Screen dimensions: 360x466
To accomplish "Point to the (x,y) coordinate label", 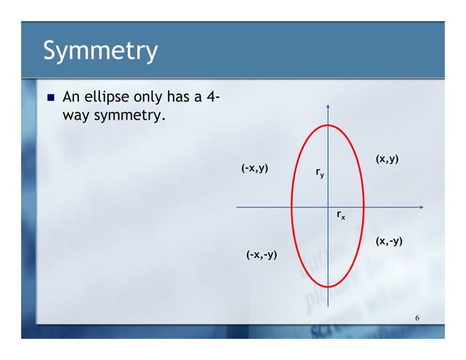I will (x=386, y=158).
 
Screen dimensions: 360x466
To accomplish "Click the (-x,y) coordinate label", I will (x=253, y=169).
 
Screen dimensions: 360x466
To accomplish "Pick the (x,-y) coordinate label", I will (x=389, y=241).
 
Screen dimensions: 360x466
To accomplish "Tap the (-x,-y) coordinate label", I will (x=261, y=254).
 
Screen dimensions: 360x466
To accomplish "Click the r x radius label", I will (x=340, y=215).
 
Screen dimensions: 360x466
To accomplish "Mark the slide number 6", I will (x=416, y=318).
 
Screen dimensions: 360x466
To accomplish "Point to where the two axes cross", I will (x=328, y=207).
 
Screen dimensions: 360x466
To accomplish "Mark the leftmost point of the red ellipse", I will (x=291, y=207).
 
